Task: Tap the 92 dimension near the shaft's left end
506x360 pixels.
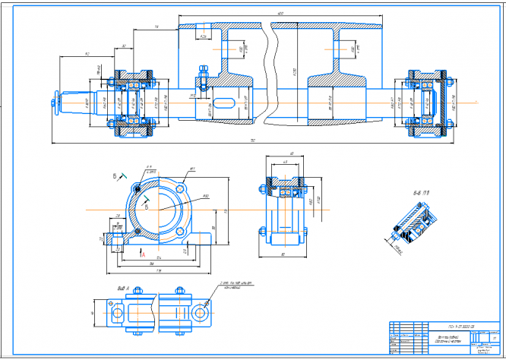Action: coord(87,54)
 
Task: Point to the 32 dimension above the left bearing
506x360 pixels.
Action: coord(124,46)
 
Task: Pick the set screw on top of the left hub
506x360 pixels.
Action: coord(203,74)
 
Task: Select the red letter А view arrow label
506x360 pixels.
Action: coord(141,255)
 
